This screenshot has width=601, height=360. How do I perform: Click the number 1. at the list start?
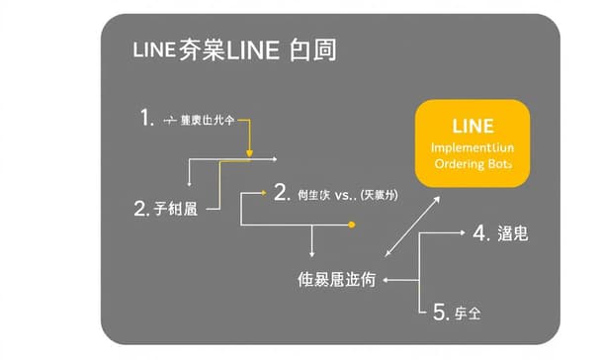coord(146,119)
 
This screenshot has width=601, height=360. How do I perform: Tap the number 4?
coord(481,233)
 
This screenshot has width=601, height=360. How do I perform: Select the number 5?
coord(441,313)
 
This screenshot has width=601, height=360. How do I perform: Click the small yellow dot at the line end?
coord(351,225)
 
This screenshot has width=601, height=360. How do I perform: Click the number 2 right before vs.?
coord(280,192)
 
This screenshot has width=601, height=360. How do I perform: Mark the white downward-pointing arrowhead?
coord(312,254)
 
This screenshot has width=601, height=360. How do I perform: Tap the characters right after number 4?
coord(514,234)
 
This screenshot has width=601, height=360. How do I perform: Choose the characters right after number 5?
coord(468,314)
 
